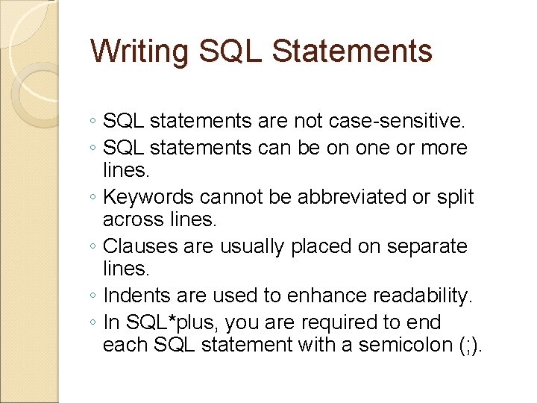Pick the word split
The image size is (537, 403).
point(455,197)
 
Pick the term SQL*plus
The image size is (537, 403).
point(162,322)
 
